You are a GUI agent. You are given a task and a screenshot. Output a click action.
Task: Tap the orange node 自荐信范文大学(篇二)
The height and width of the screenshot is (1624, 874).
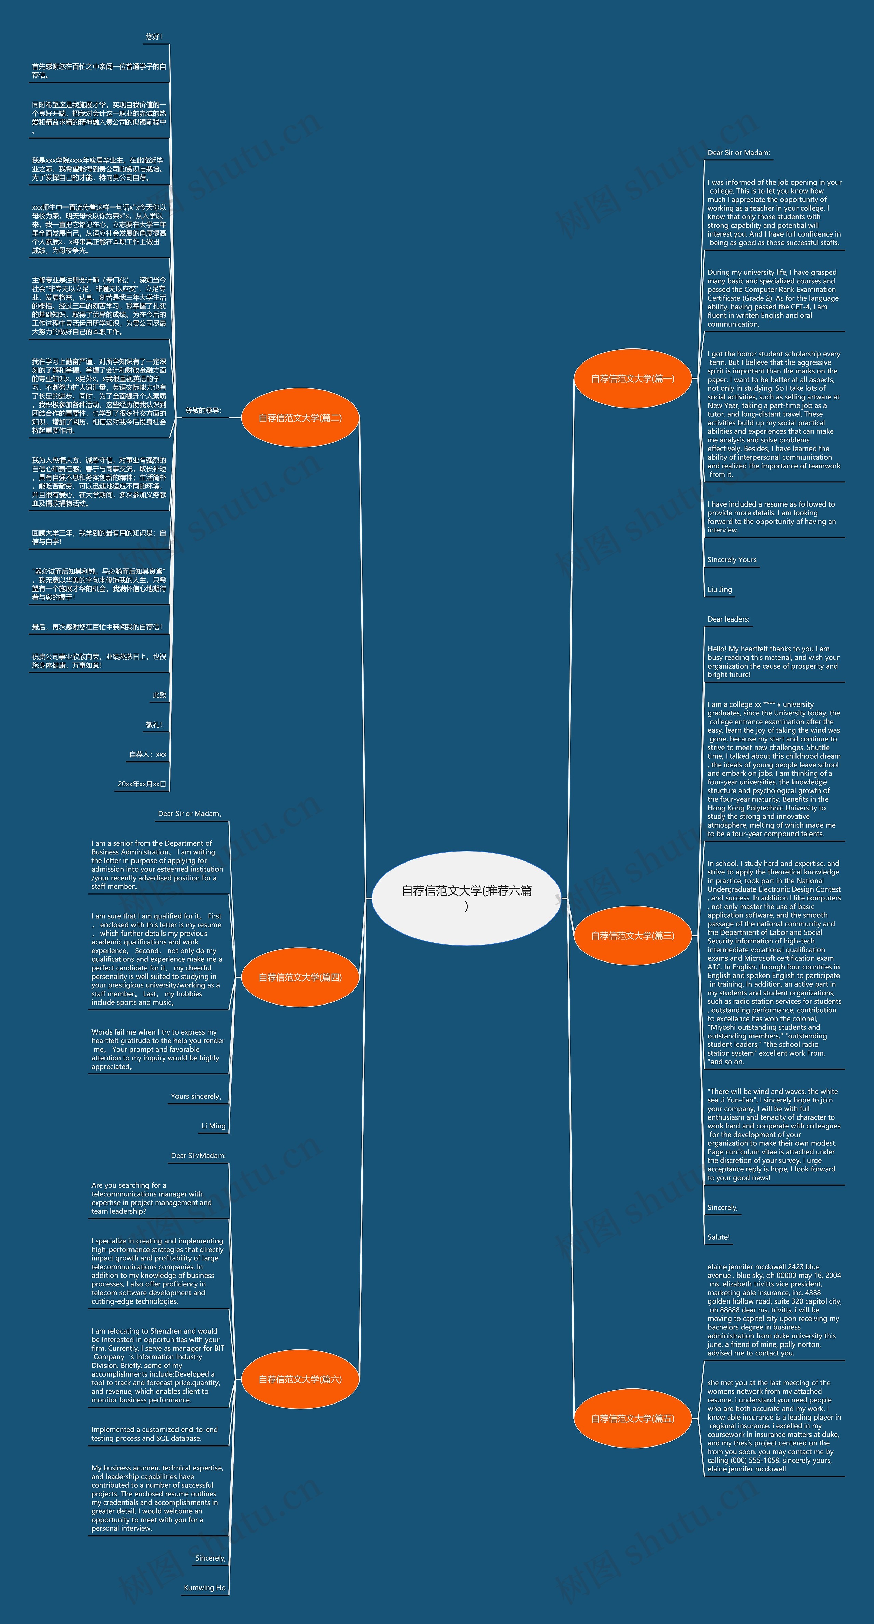point(300,418)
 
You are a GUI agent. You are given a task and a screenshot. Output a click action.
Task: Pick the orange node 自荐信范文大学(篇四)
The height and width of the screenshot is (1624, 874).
point(300,977)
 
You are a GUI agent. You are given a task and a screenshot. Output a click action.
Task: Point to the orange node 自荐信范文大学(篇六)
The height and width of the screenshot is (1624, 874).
point(300,1379)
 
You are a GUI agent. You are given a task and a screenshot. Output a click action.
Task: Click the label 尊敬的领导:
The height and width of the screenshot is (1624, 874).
point(203,410)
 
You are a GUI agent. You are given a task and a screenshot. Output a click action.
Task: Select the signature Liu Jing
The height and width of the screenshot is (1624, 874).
point(719,589)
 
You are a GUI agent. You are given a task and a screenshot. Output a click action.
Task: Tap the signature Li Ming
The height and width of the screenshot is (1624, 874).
point(213,1126)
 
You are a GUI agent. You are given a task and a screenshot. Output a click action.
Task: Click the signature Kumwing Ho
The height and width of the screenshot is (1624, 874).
point(204,1587)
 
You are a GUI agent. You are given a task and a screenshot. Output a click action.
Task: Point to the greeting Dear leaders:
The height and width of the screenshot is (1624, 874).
point(728,619)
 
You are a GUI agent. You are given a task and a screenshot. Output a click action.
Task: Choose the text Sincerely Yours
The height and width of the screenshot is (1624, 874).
point(732,560)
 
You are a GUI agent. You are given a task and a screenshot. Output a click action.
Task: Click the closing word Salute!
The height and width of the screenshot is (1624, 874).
point(718,1237)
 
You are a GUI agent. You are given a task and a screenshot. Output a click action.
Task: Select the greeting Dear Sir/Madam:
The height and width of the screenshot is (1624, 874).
point(198,1156)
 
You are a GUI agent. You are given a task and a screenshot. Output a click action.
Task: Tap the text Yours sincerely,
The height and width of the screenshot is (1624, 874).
point(196,1096)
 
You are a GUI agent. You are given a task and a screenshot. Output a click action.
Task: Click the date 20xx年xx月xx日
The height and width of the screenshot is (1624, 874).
point(142,784)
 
